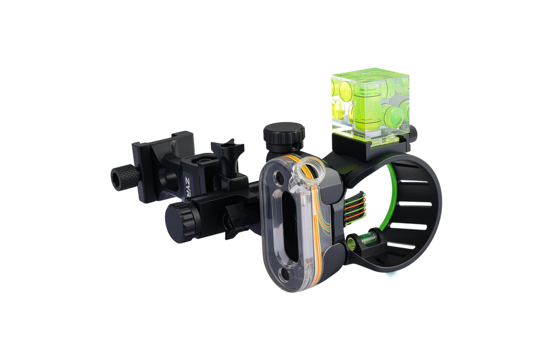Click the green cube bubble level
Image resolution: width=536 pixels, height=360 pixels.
[370, 107]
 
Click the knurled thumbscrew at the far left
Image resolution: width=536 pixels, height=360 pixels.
[125, 177]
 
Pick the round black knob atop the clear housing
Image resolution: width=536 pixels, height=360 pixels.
[283, 137]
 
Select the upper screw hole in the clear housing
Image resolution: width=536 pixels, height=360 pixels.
[278, 177]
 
